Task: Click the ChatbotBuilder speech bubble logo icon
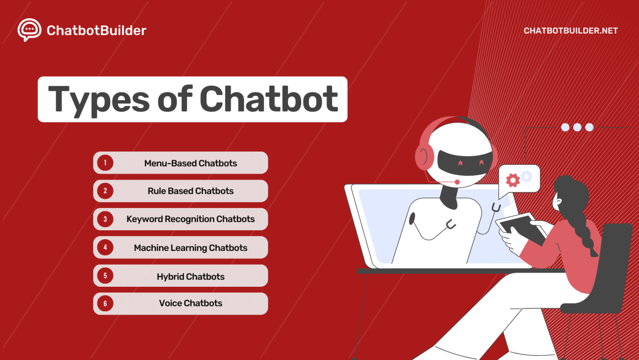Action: (x=29, y=30)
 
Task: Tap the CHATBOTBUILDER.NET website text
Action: (x=570, y=31)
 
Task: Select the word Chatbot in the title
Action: (x=269, y=99)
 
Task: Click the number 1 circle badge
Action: (x=105, y=163)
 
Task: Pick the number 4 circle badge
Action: (x=105, y=247)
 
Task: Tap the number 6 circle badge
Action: (x=105, y=303)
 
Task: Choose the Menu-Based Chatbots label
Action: (x=191, y=163)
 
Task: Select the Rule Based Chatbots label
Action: (x=191, y=191)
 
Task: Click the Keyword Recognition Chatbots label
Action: (x=191, y=219)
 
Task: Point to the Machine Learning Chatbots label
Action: (x=191, y=248)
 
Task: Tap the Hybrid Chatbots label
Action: (x=191, y=277)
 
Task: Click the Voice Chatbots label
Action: (x=191, y=303)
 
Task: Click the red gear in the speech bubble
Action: (x=513, y=180)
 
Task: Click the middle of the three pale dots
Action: (x=577, y=127)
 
